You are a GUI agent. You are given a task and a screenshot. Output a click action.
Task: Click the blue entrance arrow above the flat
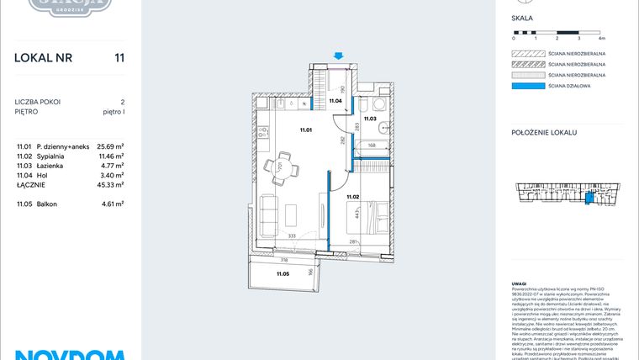(338, 56)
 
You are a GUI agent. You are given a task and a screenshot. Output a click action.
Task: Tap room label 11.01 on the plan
(306, 130)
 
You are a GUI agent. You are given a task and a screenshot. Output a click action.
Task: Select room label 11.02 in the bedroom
(353, 197)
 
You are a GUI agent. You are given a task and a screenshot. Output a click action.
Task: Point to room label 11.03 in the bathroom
(370, 119)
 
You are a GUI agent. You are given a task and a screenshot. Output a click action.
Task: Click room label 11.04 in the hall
(335, 101)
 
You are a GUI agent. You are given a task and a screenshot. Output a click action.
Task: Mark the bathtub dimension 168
(370, 146)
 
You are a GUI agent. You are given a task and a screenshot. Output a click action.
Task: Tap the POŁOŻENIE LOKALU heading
(544, 133)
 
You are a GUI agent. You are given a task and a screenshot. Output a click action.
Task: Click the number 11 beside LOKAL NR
(119, 58)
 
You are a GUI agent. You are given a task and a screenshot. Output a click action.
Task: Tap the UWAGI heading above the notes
(520, 283)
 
